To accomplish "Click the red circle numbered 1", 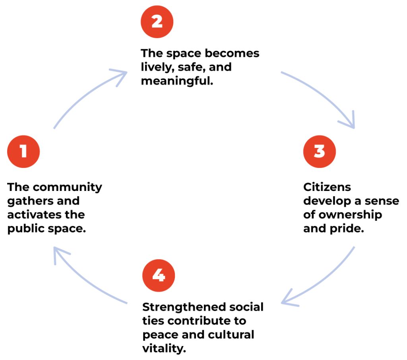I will click(x=23, y=151).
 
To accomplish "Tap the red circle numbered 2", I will click(x=157, y=21).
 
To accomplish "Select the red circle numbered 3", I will click(x=319, y=151).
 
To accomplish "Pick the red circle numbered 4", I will click(x=159, y=276).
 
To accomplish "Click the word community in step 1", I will click(x=67, y=187).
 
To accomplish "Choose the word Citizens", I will click(x=327, y=187).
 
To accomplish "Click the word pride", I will click(x=351, y=229).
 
